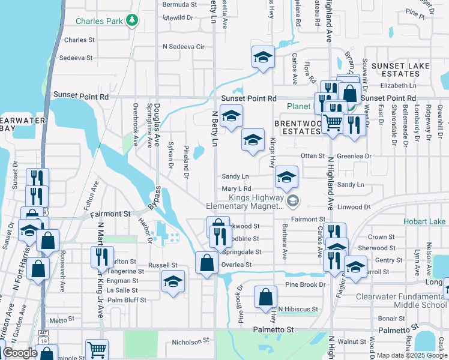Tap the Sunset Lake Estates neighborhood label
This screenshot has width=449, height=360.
[396, 69]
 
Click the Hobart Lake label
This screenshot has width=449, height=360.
[424, 221]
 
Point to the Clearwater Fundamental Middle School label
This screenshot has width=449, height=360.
[401, 301]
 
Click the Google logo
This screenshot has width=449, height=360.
[20, 353]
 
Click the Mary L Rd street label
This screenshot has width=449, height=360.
[236, 189]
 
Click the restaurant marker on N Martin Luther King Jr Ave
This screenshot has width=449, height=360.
[100, 257]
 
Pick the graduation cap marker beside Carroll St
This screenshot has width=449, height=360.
[355, 268]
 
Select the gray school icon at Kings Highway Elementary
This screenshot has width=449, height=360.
[292, 200]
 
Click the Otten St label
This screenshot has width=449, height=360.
[312, 155]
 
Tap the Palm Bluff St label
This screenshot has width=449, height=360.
[127, 299]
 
